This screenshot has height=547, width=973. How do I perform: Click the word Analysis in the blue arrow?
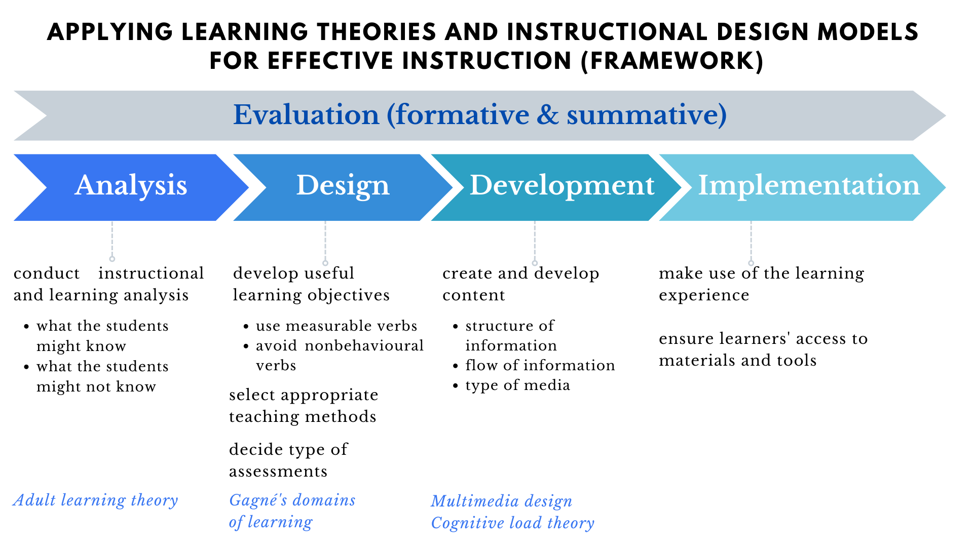[131, 185]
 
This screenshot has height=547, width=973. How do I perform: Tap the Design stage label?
[343, 185]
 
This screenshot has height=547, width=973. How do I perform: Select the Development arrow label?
[562, 185]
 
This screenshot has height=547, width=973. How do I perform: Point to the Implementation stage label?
[809, 185]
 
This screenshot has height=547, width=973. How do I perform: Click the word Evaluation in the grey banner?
[306, 115]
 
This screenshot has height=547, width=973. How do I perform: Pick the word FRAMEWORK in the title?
[672, 61]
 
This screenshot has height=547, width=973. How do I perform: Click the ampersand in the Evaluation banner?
[547, 115]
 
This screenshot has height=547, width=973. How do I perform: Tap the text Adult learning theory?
[96, 500]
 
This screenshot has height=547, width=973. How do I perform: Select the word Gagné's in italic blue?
[258, 500]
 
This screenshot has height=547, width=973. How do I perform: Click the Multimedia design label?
[502, 501]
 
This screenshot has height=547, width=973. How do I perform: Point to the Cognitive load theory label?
[512, 523]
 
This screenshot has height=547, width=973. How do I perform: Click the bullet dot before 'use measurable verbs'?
[246, 327]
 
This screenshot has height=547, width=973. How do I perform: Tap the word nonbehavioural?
[364, 346]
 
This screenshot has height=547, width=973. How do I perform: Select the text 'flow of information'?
[540, 365]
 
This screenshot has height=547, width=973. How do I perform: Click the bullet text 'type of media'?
[517, 385]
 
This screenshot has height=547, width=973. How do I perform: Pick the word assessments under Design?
[278, 472]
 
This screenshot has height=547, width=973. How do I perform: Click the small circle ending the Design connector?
[325, 263]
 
